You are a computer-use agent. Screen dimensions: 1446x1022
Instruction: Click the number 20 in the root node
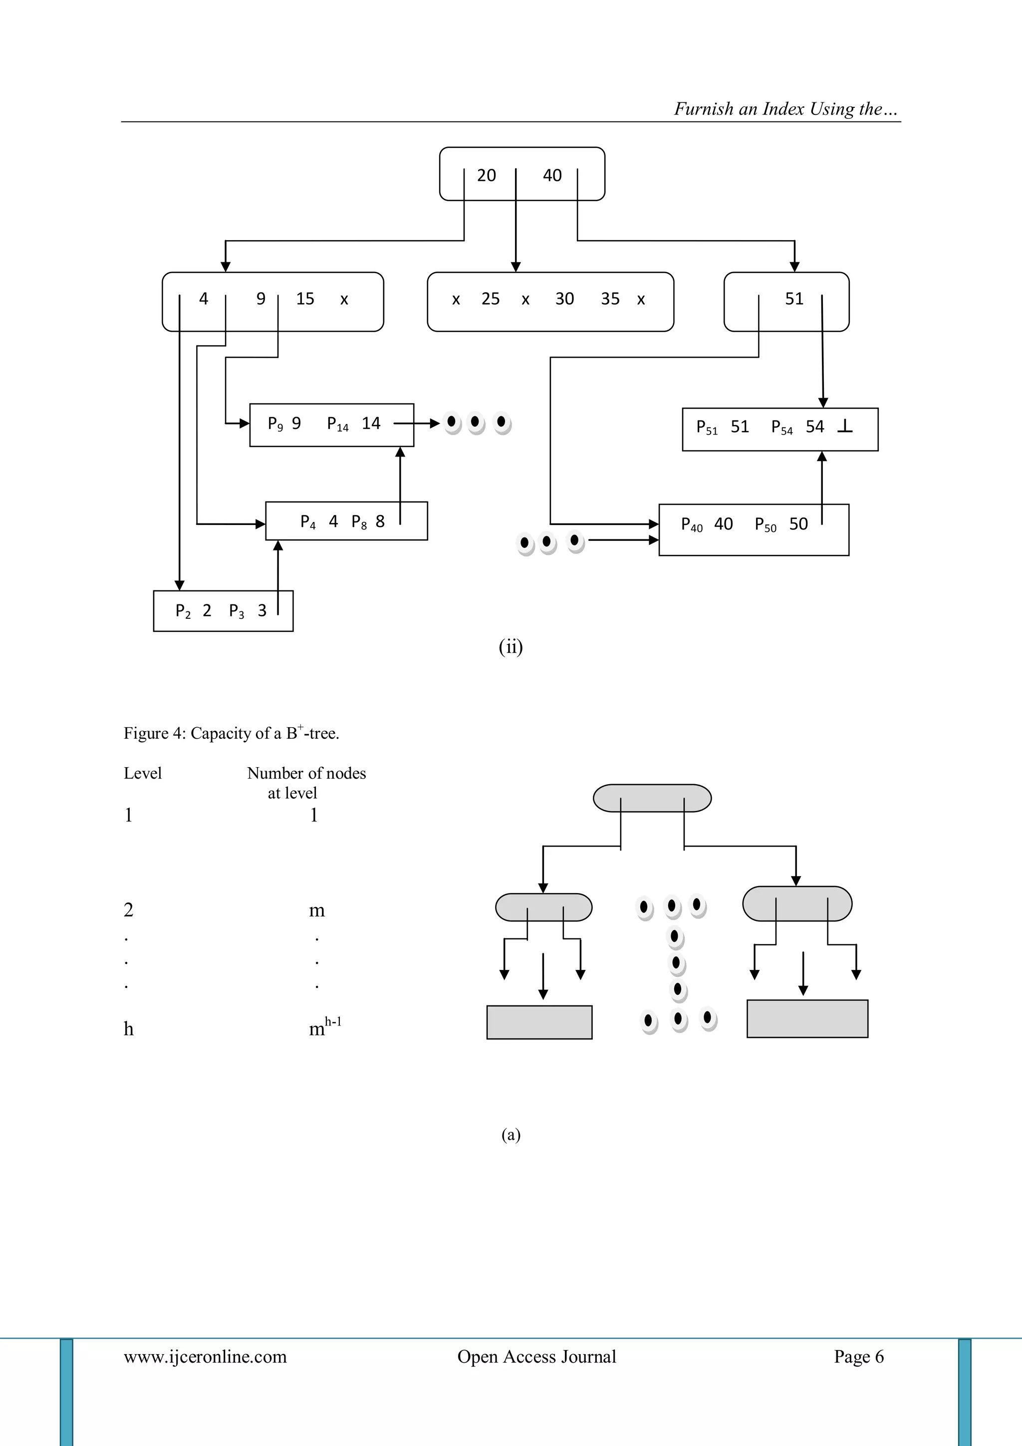coord(486,175)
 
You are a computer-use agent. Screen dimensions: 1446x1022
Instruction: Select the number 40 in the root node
coord(552,175)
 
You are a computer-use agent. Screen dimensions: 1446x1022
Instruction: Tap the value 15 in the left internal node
coord(305,299)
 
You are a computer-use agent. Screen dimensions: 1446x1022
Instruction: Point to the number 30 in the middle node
coord(564,299)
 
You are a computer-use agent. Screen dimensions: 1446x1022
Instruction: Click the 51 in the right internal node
coord(794,299)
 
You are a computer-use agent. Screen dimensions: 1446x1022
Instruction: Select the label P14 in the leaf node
coord(338,424)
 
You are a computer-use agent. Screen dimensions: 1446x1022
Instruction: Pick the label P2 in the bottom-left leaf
coord(183,611)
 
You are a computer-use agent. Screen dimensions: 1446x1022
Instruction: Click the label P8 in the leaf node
coord(359,522)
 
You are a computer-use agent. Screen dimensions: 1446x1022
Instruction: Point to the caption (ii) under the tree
coord(511,647)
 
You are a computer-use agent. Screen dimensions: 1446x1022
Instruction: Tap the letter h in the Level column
coord(128,1029)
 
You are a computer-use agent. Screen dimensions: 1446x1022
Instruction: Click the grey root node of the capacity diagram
coord(652,798)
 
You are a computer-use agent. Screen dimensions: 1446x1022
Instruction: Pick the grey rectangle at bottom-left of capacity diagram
coord(539,1022)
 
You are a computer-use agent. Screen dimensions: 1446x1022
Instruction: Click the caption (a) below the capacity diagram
coord(511,1134)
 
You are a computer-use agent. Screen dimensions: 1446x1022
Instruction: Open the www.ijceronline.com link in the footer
coord(205,1357)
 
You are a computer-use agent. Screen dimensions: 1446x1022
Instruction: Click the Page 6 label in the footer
coord(858,1357)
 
